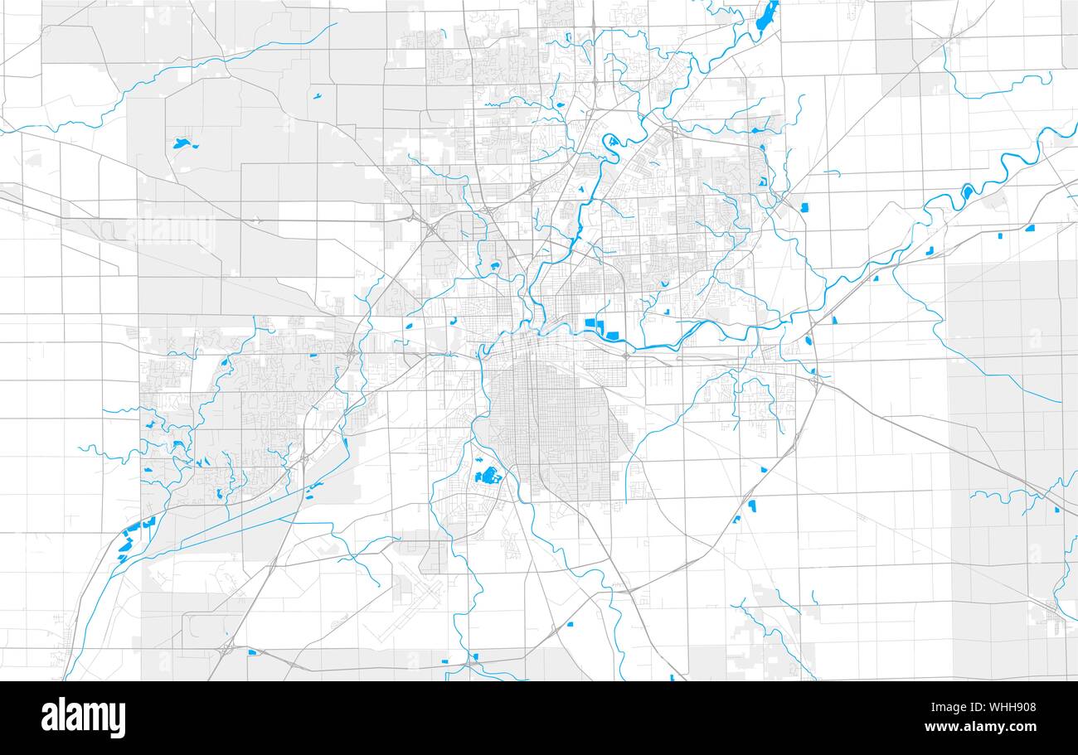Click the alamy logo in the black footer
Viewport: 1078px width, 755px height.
point(83,718)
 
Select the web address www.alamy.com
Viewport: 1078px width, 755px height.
point(980,728)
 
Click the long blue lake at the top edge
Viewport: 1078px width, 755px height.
point(767,14)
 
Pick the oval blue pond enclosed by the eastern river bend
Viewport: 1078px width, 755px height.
point(967,191)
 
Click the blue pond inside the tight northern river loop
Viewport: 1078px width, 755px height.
point(613,140)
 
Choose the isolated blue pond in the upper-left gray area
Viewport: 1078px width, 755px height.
point(182,143)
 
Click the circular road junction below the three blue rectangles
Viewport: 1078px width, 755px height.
point(624,356)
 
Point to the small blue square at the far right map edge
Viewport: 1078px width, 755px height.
point(1056,509)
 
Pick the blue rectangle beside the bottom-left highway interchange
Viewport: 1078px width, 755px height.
point(251,651)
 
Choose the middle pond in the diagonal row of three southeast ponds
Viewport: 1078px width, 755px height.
point(752,504)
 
